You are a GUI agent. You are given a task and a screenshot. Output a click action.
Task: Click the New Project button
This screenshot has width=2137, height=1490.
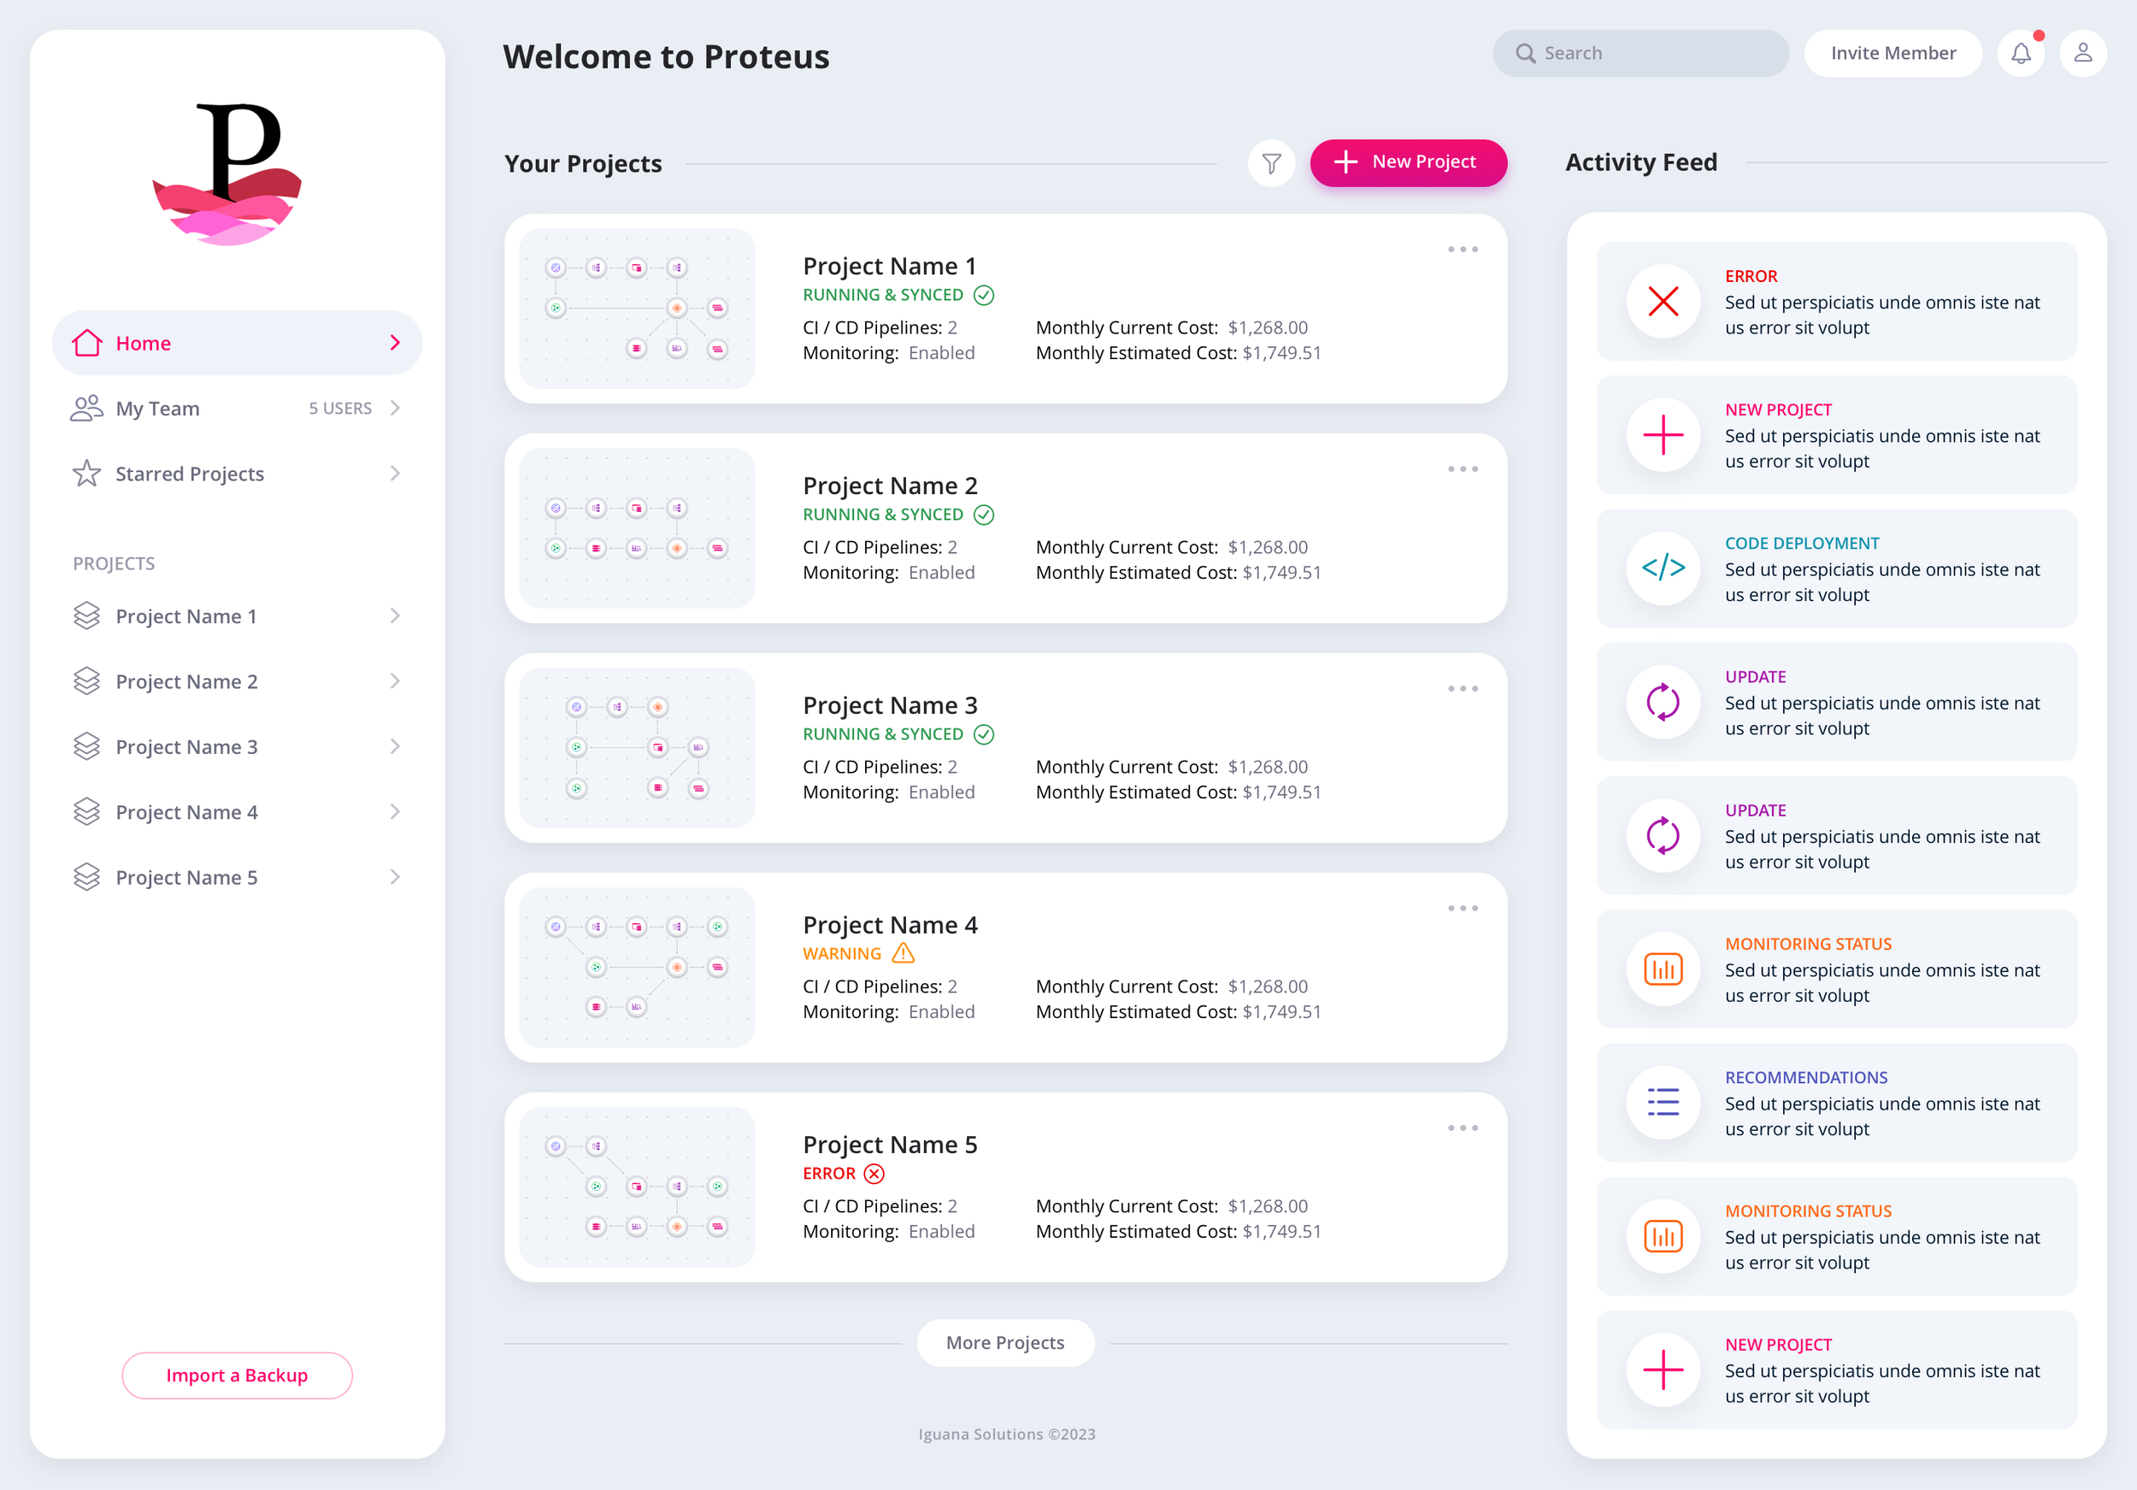pyautogui.click(x=1407, y=163)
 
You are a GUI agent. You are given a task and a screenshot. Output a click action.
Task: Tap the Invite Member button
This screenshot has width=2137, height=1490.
pyautogui.click(x=1893, y=53)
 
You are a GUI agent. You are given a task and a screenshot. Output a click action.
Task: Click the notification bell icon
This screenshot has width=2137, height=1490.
pyautogui.click(x=2021, y=54)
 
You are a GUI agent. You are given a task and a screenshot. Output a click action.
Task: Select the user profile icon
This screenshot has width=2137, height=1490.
pyautogui.click(x=2082, y=53)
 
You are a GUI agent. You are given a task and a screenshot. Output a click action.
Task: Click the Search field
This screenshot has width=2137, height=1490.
pyautogui.click(x=1640, y=53)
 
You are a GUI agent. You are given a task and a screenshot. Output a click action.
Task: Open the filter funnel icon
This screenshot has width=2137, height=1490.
pyautogui.click(x=1270, y=164)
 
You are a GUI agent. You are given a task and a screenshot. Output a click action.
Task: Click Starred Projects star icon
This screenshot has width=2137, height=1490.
pyautogui.click(x=86, y=474)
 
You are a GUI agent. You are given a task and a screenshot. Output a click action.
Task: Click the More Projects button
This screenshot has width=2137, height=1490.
pyautogui.click(x=1004, y=1342)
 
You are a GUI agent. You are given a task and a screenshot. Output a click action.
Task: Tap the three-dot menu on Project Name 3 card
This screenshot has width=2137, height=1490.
pyautogui.click(x=1463, y=689)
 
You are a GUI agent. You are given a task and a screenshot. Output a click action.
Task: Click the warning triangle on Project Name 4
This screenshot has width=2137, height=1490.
pyautogui.click(x=903, y=953)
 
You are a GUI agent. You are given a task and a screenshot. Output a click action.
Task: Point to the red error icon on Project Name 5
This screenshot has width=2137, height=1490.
pyautogui.click(x=873, y=1174)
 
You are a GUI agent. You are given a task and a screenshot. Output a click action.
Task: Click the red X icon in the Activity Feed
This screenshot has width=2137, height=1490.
pyautogui.click(x=1663, y=302)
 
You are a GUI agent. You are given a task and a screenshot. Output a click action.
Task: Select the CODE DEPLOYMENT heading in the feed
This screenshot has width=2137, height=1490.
pyautogui.click(x=1801, y=544)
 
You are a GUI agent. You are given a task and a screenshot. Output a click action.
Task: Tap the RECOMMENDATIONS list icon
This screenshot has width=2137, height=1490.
pyautogui.click(x=1663, y=1102)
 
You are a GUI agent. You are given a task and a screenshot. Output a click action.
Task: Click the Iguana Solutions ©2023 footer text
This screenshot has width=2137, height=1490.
pyautogui.click(x=1006, y=1434)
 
